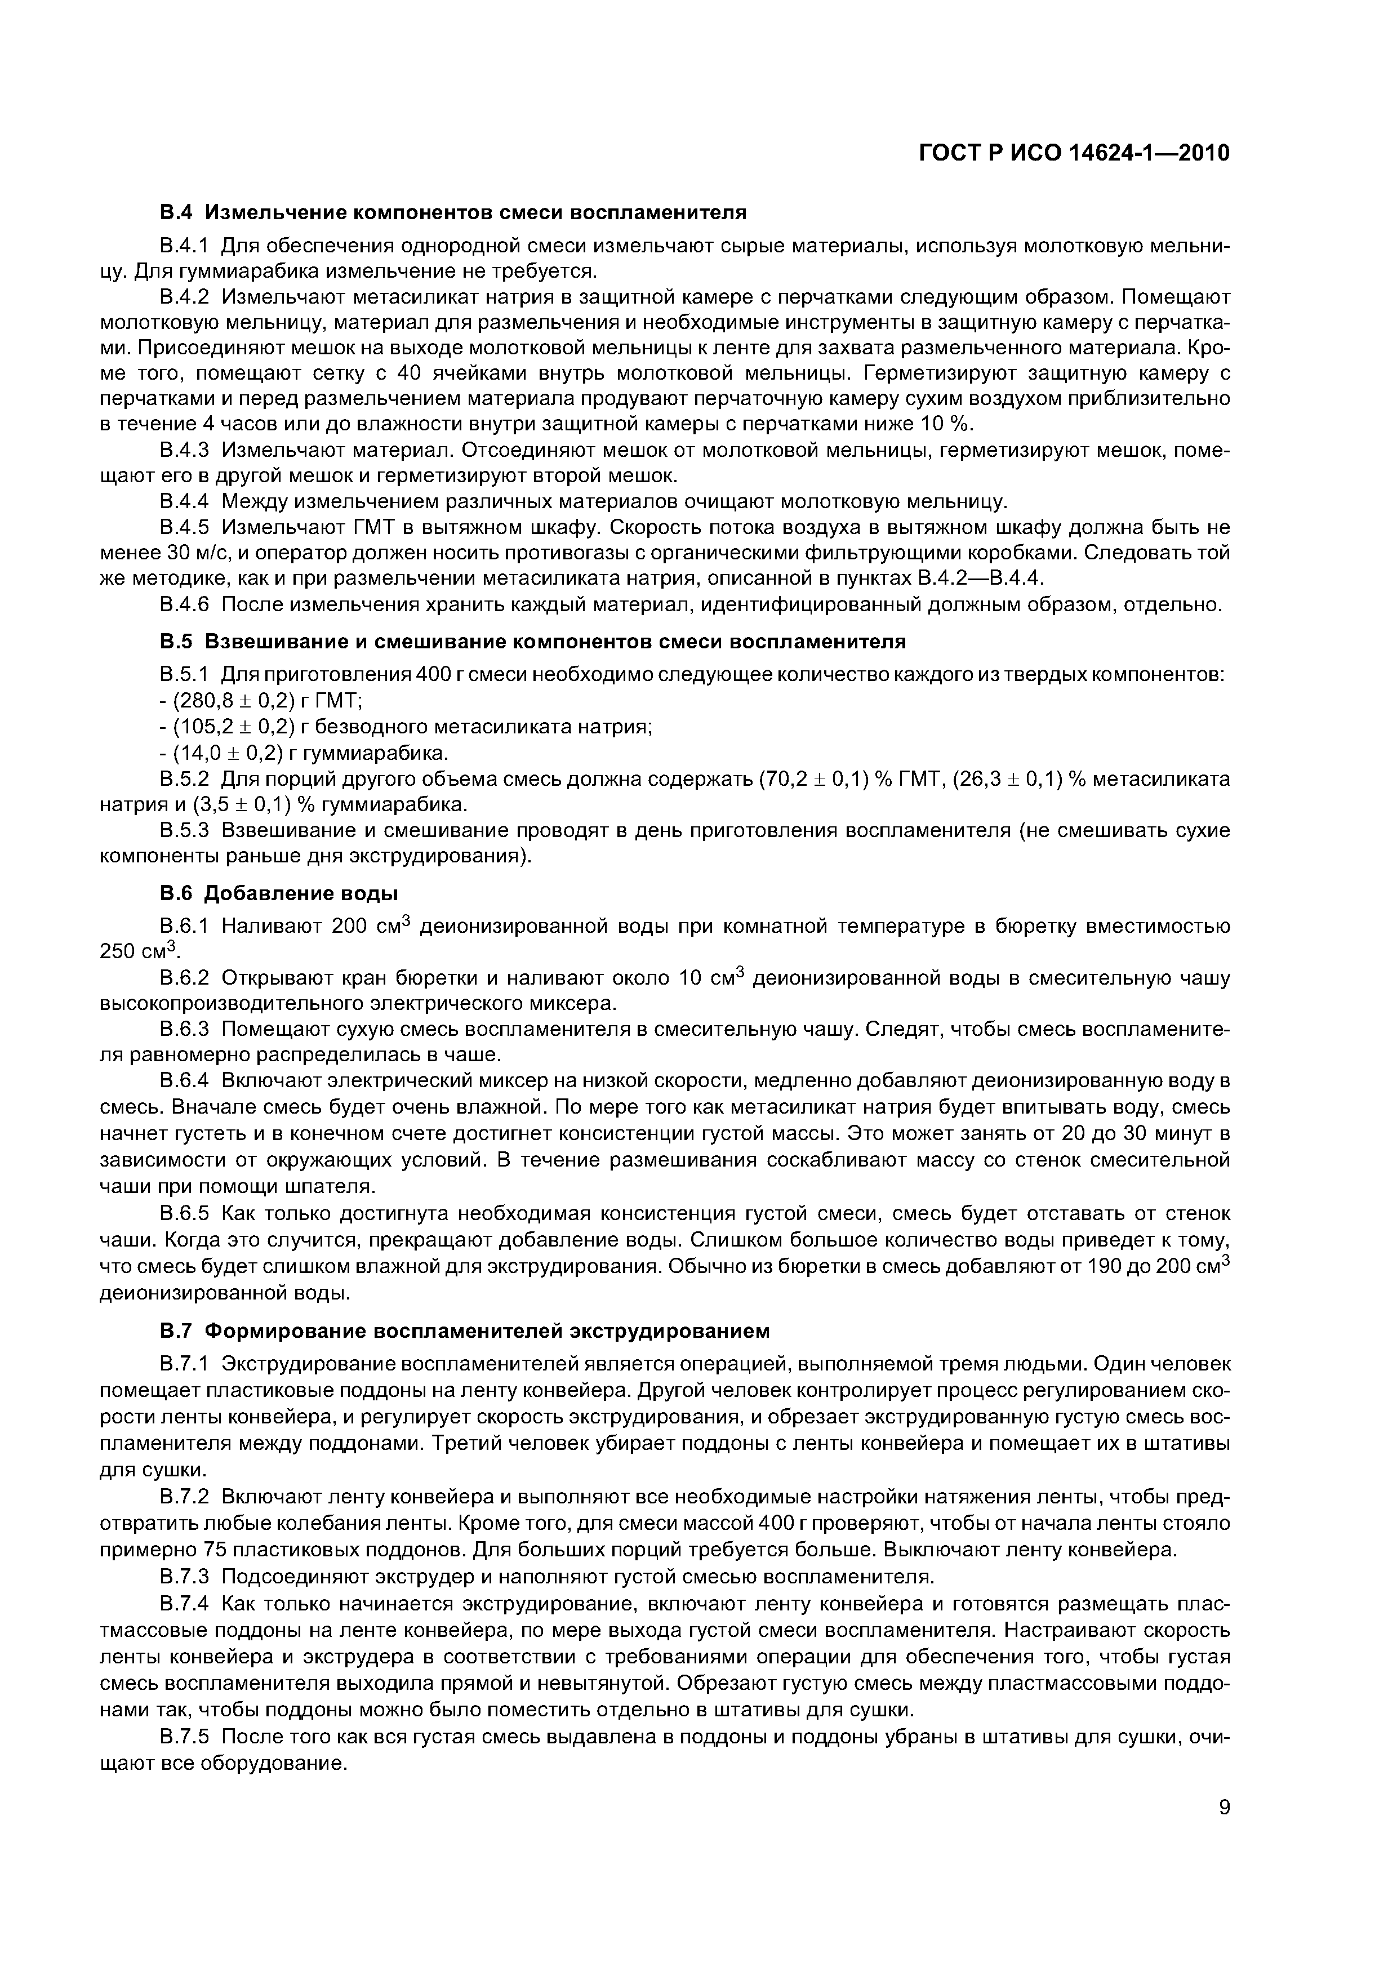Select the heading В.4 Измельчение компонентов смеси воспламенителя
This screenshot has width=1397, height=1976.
pyautogui.click(x=453, y=212)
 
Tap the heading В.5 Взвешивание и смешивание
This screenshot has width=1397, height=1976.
pyautogui.click(x=533, y=641)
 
